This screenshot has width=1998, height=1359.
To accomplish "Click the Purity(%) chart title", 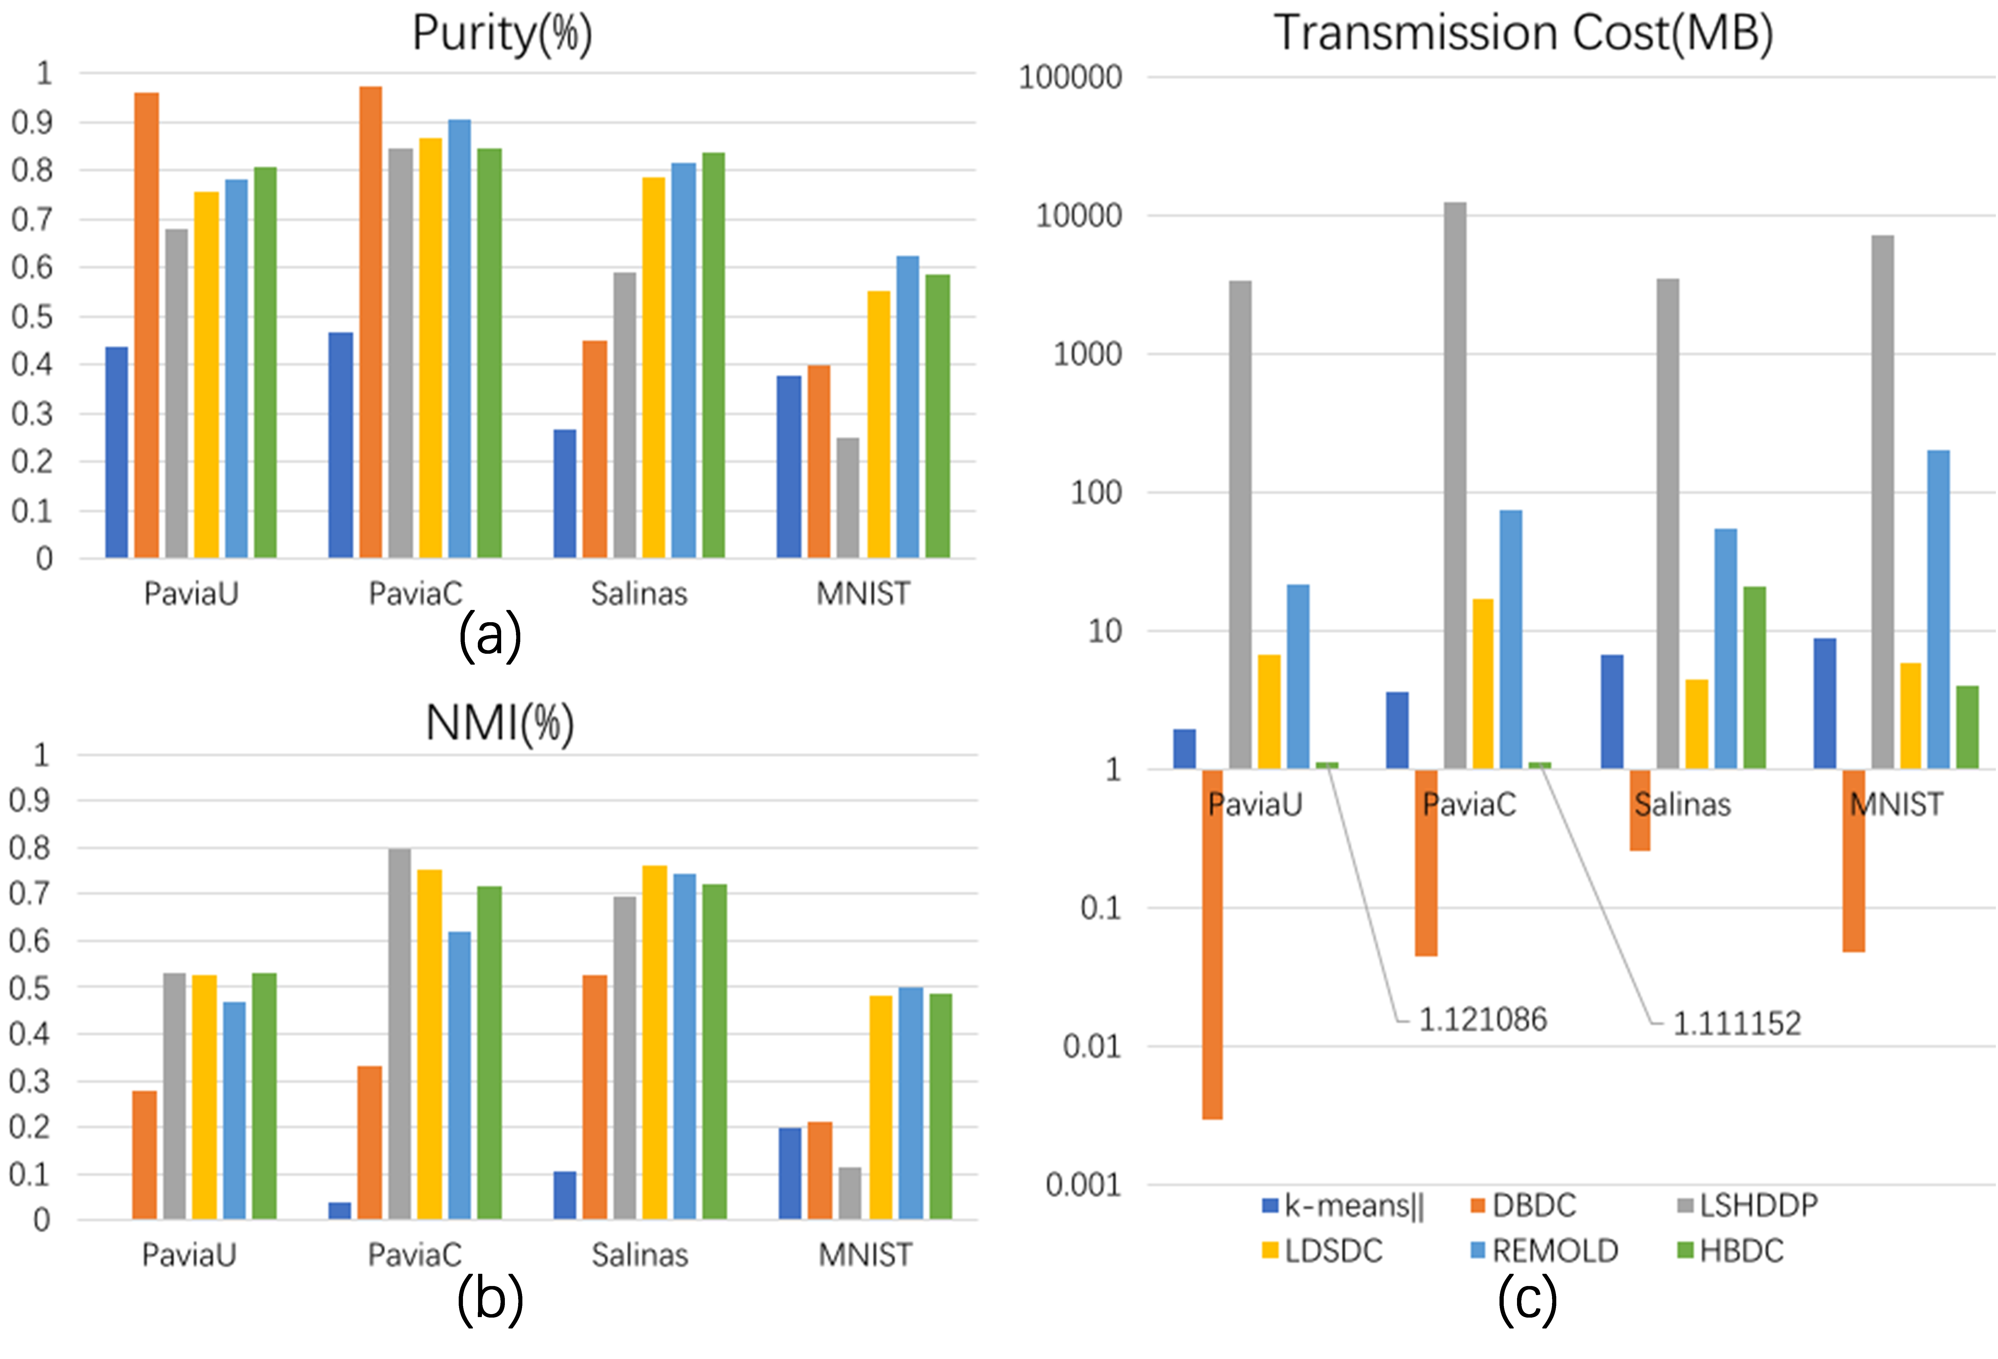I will [x=502, y=35].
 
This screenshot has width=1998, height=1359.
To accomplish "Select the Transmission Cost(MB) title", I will [x=1523, y=35].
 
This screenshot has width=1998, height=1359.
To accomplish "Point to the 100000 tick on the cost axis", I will [x=1070, y=78].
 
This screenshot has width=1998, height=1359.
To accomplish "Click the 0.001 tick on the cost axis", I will [x=1083, y=1185].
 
